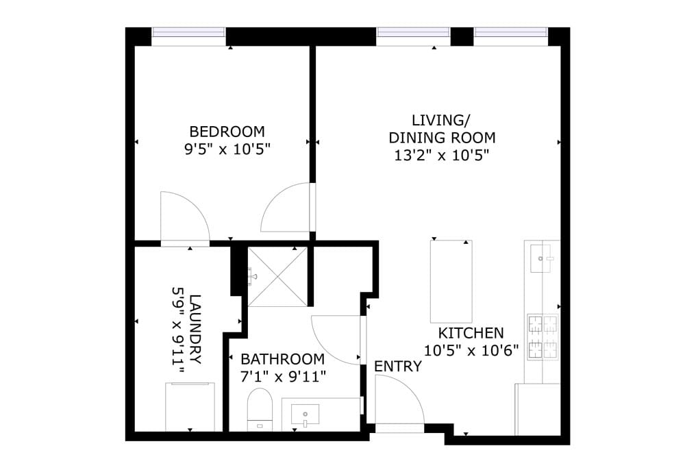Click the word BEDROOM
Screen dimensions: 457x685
(227, 131)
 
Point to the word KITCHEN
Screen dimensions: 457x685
(471, 334)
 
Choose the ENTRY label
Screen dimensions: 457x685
(397, 367)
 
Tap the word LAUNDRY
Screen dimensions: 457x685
(195, 329)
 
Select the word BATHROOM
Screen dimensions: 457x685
(282, 359)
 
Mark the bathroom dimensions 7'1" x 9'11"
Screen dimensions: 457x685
(282, 376)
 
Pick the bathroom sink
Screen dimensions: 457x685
(305, 414)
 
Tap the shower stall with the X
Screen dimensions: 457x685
(277, 277)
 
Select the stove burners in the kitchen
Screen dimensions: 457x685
(543, 337)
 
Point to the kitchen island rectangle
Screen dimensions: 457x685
(451, 281)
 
